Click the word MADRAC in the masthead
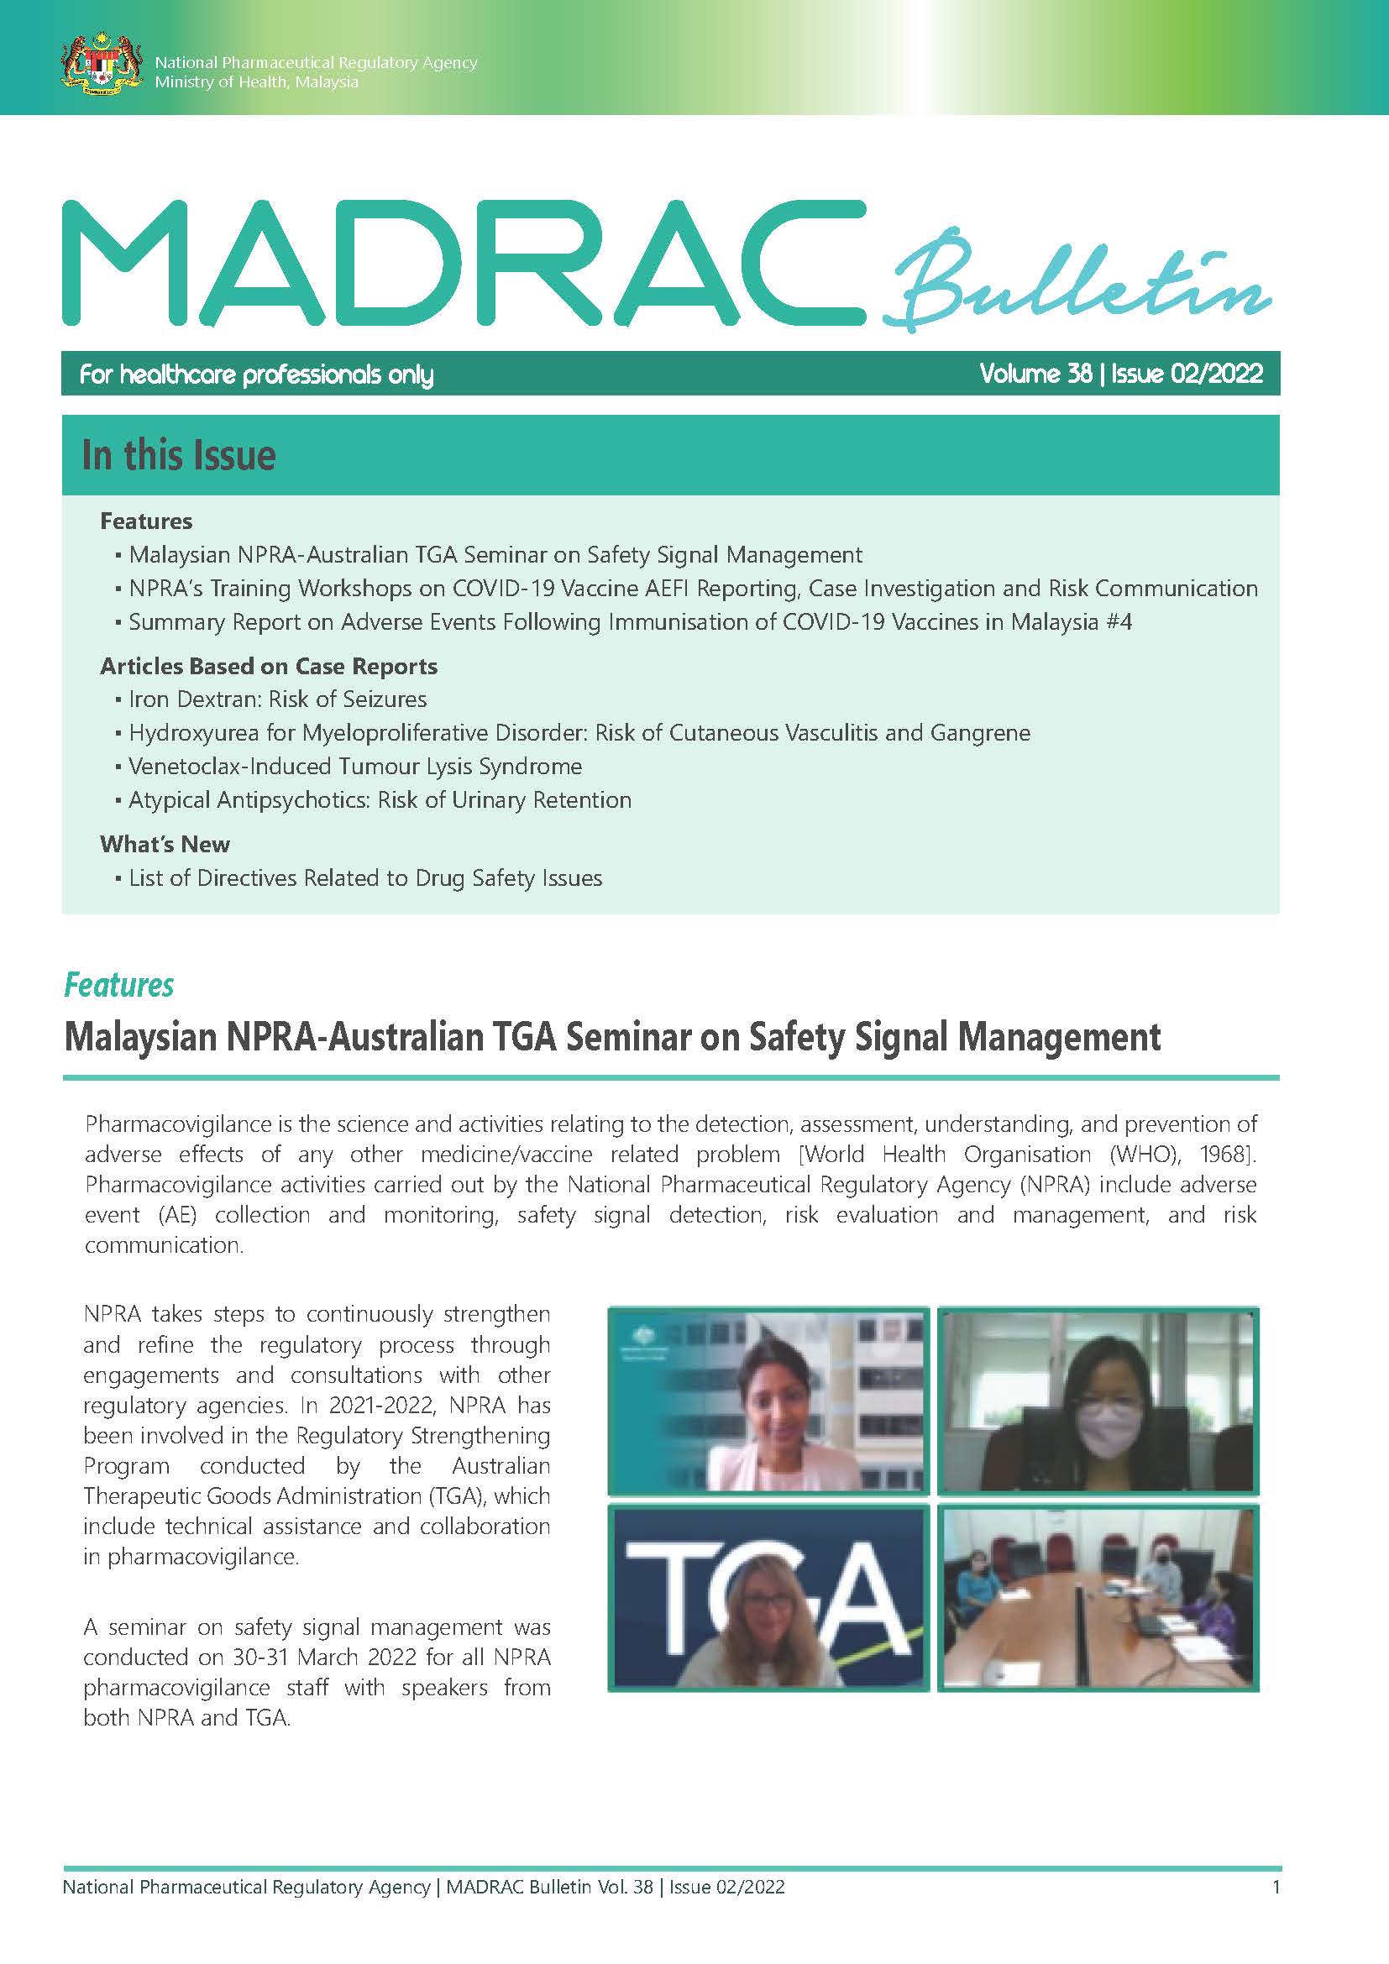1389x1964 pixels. pyautogui.click(x=462, y=263)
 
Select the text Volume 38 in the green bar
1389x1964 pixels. pyautogui.click(x=1035, y=374)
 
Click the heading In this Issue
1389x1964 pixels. pyautogui.click(x=179, y=455)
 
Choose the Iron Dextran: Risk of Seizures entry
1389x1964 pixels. pyautogui.click(x=277, y=699)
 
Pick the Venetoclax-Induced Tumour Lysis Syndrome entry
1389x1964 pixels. pyautogui.click(x=355, y=767)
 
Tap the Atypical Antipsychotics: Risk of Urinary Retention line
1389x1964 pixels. pyautogui.click(x=380, y=800)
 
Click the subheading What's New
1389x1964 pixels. pyautogui.click(x=165, y=844)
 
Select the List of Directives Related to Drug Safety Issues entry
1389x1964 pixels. pyautogui.click(x=365, y=878)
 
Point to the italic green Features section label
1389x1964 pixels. pyautogui.click(x=119, y=986)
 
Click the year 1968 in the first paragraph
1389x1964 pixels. pyautogui.click(x=1224, y=1154)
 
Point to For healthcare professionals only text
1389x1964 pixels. pyautogui.click(x=257, y=374)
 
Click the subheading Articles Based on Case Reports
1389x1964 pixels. pyautogui.click(x=269, y=667)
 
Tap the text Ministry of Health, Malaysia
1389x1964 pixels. pyautogui.click(x=257, y=82)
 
